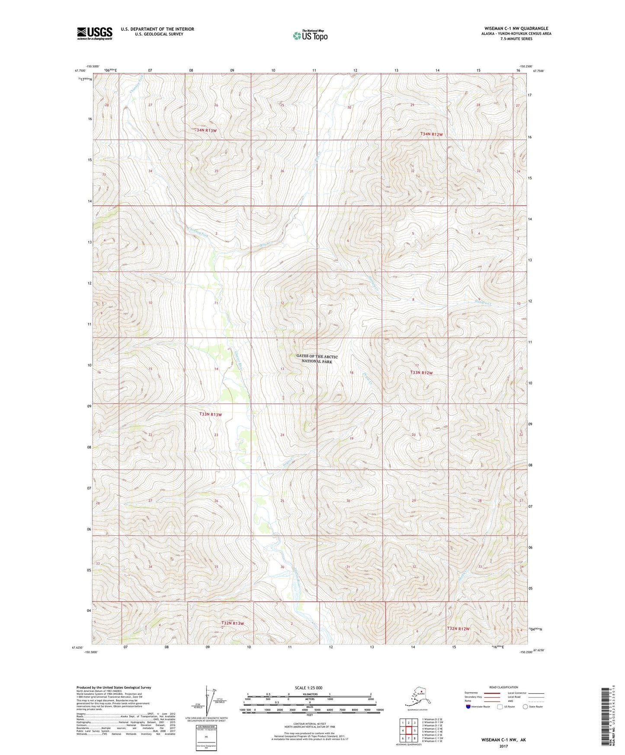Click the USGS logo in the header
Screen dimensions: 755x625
pos(94,33)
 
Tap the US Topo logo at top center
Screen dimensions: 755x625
pos(310,35)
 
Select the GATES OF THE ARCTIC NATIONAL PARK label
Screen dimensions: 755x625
pos(317,359)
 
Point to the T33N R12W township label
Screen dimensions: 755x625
pos(421,373)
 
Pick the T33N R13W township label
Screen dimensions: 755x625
pos(210,414)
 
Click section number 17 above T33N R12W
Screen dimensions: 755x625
pos(417,366)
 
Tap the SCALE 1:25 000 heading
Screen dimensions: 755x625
pos(308,688)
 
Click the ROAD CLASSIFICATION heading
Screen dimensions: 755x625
pos(503,687)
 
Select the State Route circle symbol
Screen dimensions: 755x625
pos(526,707)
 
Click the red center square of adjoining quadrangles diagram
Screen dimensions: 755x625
pos(409,731)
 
